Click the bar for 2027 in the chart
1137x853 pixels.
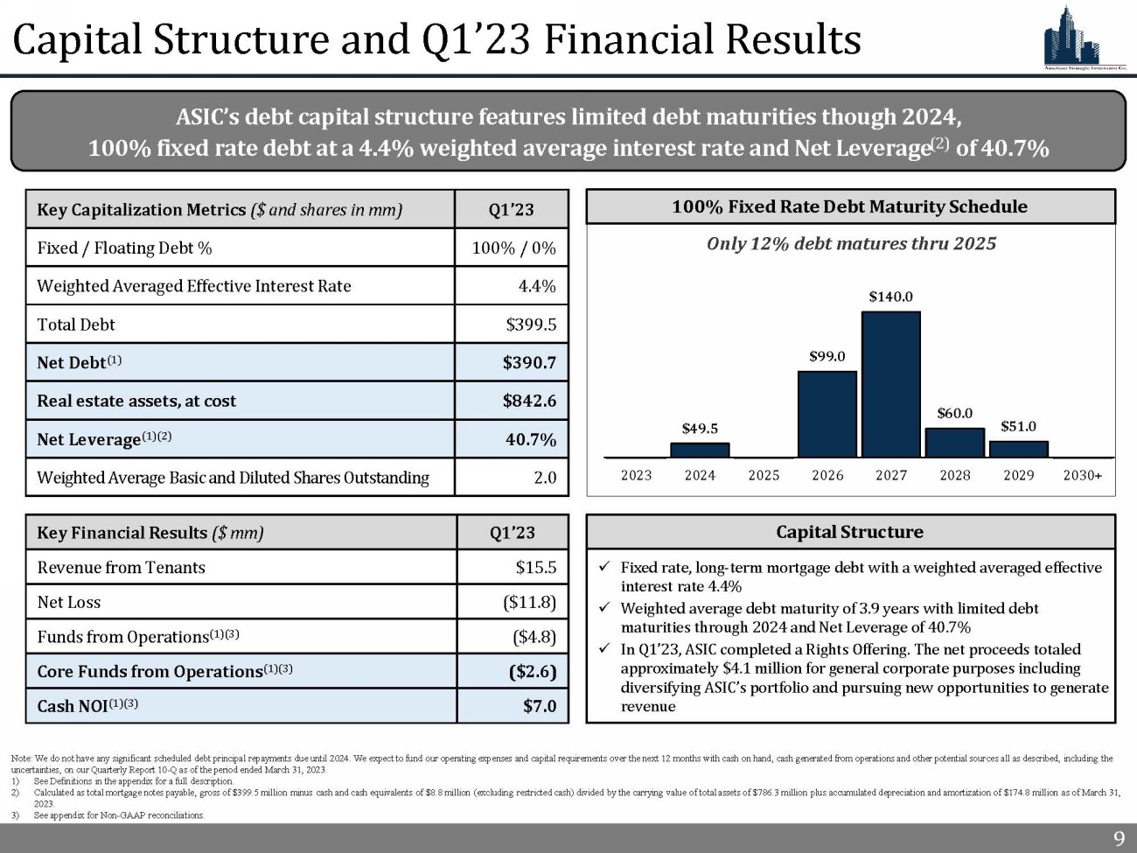pos(890,384)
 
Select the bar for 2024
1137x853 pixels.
pos(700,450)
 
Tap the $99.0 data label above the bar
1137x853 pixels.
pos(827,356)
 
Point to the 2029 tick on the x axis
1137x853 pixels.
pos(1018,475)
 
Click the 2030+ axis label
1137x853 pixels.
pos(1082,475)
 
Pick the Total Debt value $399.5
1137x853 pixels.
pos(531,325)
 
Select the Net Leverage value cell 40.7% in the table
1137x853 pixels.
pos(531,439)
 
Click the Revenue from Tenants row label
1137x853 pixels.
pos(121,568)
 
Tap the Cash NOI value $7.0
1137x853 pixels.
pos(540,706)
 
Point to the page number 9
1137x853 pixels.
pos(1119,839)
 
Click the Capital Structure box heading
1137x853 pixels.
pos(849,532)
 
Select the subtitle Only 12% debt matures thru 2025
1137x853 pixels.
pos(851,244)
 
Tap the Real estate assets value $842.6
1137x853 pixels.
pos(529,401)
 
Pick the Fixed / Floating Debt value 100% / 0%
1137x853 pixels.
pos(513,248)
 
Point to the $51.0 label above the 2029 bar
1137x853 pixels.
pos(1018,426)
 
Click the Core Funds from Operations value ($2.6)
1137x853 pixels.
pos(532,672)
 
